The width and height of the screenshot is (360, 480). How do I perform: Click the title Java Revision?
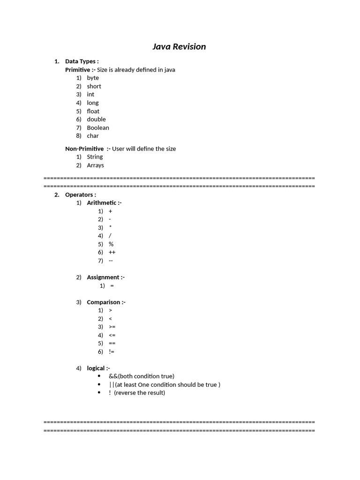click(179, 46)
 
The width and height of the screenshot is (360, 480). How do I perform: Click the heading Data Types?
click(81, 61)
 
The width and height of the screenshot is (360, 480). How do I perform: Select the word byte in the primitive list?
click(93, 78)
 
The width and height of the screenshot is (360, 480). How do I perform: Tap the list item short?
click(94, 86)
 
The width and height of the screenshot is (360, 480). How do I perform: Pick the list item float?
click(93, 111)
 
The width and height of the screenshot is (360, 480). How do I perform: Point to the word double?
click(96, 119)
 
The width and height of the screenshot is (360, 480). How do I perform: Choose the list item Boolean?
click(97, 127)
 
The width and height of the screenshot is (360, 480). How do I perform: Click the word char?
click(93, 136)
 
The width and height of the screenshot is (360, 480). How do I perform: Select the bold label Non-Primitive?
click(84, 149)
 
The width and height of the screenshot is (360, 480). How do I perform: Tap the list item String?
click(95, 157)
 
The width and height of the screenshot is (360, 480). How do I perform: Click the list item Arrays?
click(95, 165)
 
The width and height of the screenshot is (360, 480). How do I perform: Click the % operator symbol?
click(111, 244)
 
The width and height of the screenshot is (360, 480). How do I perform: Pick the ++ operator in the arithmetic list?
click(112, 252)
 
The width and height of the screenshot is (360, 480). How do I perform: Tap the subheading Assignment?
click(105, 277)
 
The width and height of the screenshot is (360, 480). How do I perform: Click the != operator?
click(112, 352)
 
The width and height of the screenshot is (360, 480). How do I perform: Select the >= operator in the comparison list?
click(112, 327)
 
